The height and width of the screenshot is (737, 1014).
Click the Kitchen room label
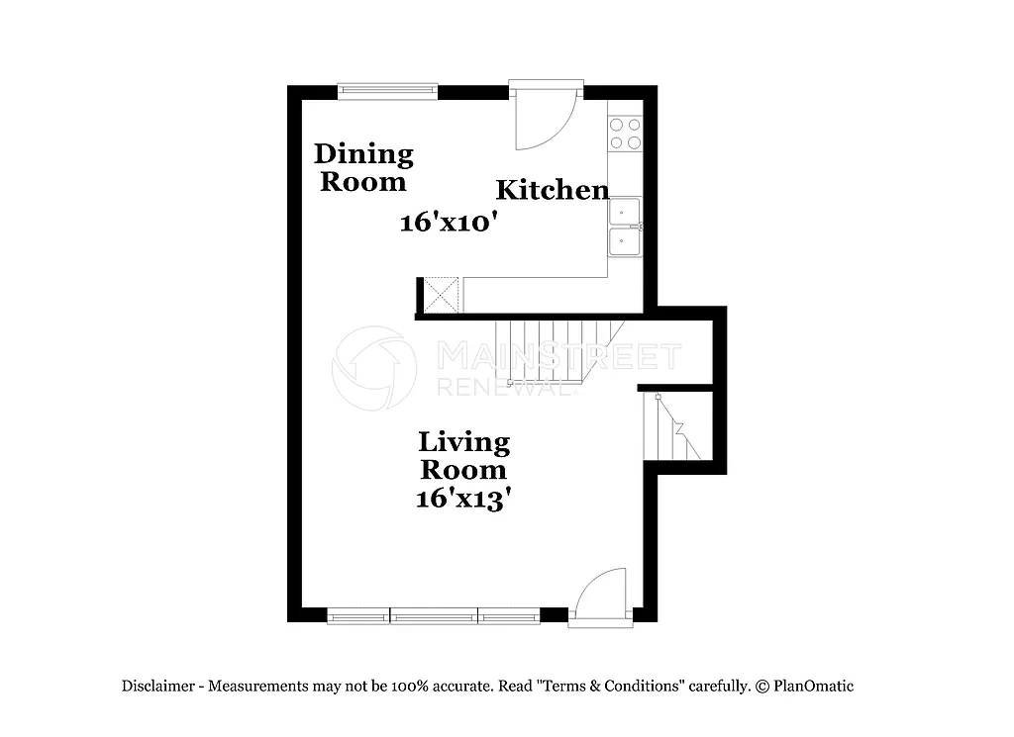552,190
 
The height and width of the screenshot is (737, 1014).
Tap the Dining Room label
363,168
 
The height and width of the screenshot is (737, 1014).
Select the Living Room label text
463,455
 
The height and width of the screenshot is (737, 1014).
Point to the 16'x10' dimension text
448,223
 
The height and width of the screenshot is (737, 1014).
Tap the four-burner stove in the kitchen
625,134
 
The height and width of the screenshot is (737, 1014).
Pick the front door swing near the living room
602,594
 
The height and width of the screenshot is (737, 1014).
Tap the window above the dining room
387,91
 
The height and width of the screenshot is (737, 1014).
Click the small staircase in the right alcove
671,426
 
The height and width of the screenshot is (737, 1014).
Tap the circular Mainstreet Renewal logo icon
374,368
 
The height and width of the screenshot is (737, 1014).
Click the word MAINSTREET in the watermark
558,355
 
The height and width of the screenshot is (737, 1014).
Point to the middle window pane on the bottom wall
434,616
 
